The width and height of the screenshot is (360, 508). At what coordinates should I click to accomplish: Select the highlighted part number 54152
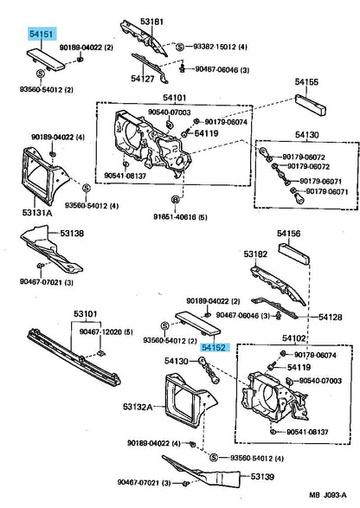pyautogui.click(x=215, y=346)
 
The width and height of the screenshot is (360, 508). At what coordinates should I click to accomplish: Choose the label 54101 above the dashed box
pyautogui.click(x=177, y=98)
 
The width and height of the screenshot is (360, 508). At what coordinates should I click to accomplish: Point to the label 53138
pyautogui.click(x=72, y=234)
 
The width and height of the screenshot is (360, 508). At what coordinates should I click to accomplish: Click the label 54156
pyautogui.click(x=288, y=233)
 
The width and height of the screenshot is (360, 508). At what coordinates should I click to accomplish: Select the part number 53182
pyautogui.click(x=254, y=254)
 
